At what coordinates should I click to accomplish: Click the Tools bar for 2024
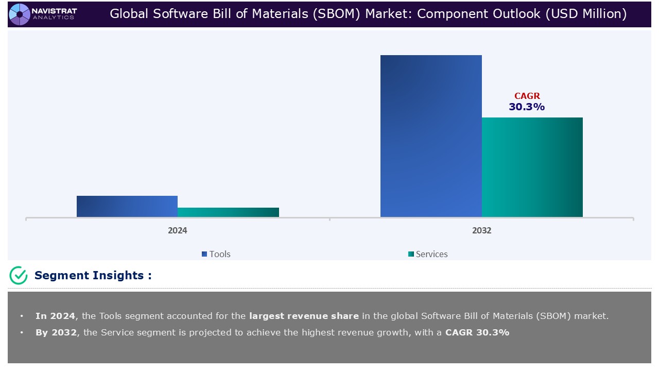pos(127,206)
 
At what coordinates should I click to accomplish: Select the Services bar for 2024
pos(228,212)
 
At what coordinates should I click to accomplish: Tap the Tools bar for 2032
pos(431,136)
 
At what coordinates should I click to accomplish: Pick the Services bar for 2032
pos(532,167)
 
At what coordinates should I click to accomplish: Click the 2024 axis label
pos(178,230)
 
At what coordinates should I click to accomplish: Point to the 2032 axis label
pos(481,230)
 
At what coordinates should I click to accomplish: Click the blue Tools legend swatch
pos(204,254)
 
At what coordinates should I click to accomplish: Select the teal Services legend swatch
pos(411,254)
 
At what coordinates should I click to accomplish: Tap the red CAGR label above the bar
pos(527,96)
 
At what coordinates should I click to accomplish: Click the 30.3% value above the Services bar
pos(527,107)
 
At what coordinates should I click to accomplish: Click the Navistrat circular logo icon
pos(20,14)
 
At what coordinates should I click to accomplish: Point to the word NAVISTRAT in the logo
pos(54,10)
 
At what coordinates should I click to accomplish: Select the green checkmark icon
pos(19,276)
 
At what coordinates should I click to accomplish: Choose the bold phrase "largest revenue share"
pos(304,316)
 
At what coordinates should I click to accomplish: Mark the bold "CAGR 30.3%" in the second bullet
pos(477,332)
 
